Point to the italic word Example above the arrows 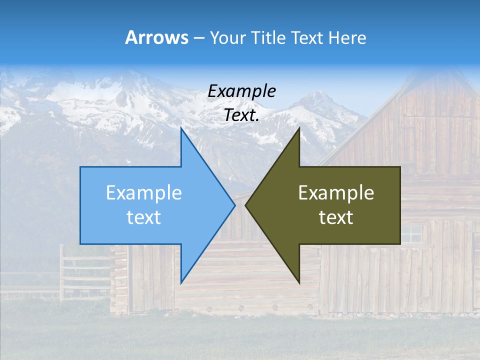(x=241, y=91)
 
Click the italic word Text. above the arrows (x=241, y=115)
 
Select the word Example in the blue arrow (x=144, y=193)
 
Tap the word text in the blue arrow (x=144, y=217)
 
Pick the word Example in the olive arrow (x=336, y=193)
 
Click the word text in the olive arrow (x=336, y=217)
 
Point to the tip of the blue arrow (x=234, y=205)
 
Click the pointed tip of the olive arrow (x=246, y=205)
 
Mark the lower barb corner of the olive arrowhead (x=299, y=282)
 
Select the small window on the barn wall (x=412, y=234)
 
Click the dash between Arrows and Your (x=198, y=38)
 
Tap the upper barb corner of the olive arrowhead (x=299, y=128)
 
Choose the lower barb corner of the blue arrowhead (x=181, y=282)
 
